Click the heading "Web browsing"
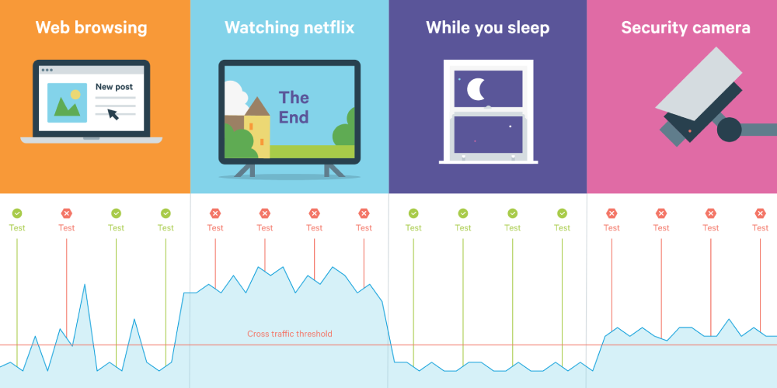click(x=91, y=28)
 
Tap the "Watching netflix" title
click(x=289, y=27)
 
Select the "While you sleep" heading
click(x=488, y=28)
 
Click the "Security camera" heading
click(x=686, y=28)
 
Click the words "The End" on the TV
click(x=294, y=107)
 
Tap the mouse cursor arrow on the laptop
click(x=113, y=114)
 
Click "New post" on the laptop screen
click(x=114, y=87)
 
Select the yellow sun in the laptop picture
click(x=75, y=94)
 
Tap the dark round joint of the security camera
click(x=730, y=130)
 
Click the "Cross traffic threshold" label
click(x=289, y=334)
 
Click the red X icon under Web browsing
click(x=66, y=213)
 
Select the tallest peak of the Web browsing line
click(x=85, y=285)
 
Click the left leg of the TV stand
click(x=245, y=171)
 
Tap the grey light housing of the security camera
click(x=699, y=84)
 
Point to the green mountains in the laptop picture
click(x=67, y=107)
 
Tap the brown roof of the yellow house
click(x=257, y=106)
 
